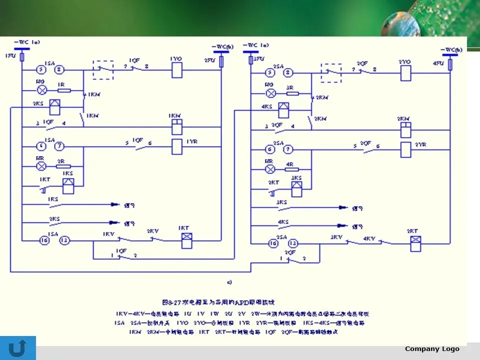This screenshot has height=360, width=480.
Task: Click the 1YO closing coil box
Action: tap(176, 70)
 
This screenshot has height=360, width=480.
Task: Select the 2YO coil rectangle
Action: tap(405, 73)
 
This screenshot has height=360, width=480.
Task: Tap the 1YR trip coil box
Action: tap(176, 146)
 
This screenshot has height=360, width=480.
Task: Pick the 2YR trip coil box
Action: tap(406, 149)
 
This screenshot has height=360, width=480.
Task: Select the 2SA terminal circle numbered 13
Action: tap(293, 243)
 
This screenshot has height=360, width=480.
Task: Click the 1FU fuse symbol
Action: tap(22, 57)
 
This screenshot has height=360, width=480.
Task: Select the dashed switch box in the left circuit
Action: tap(103, 70)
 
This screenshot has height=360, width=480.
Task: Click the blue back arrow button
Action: tap(18, 348)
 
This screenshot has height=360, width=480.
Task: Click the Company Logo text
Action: tap(431, 348)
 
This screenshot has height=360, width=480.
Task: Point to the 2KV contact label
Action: tap(152, 231)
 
